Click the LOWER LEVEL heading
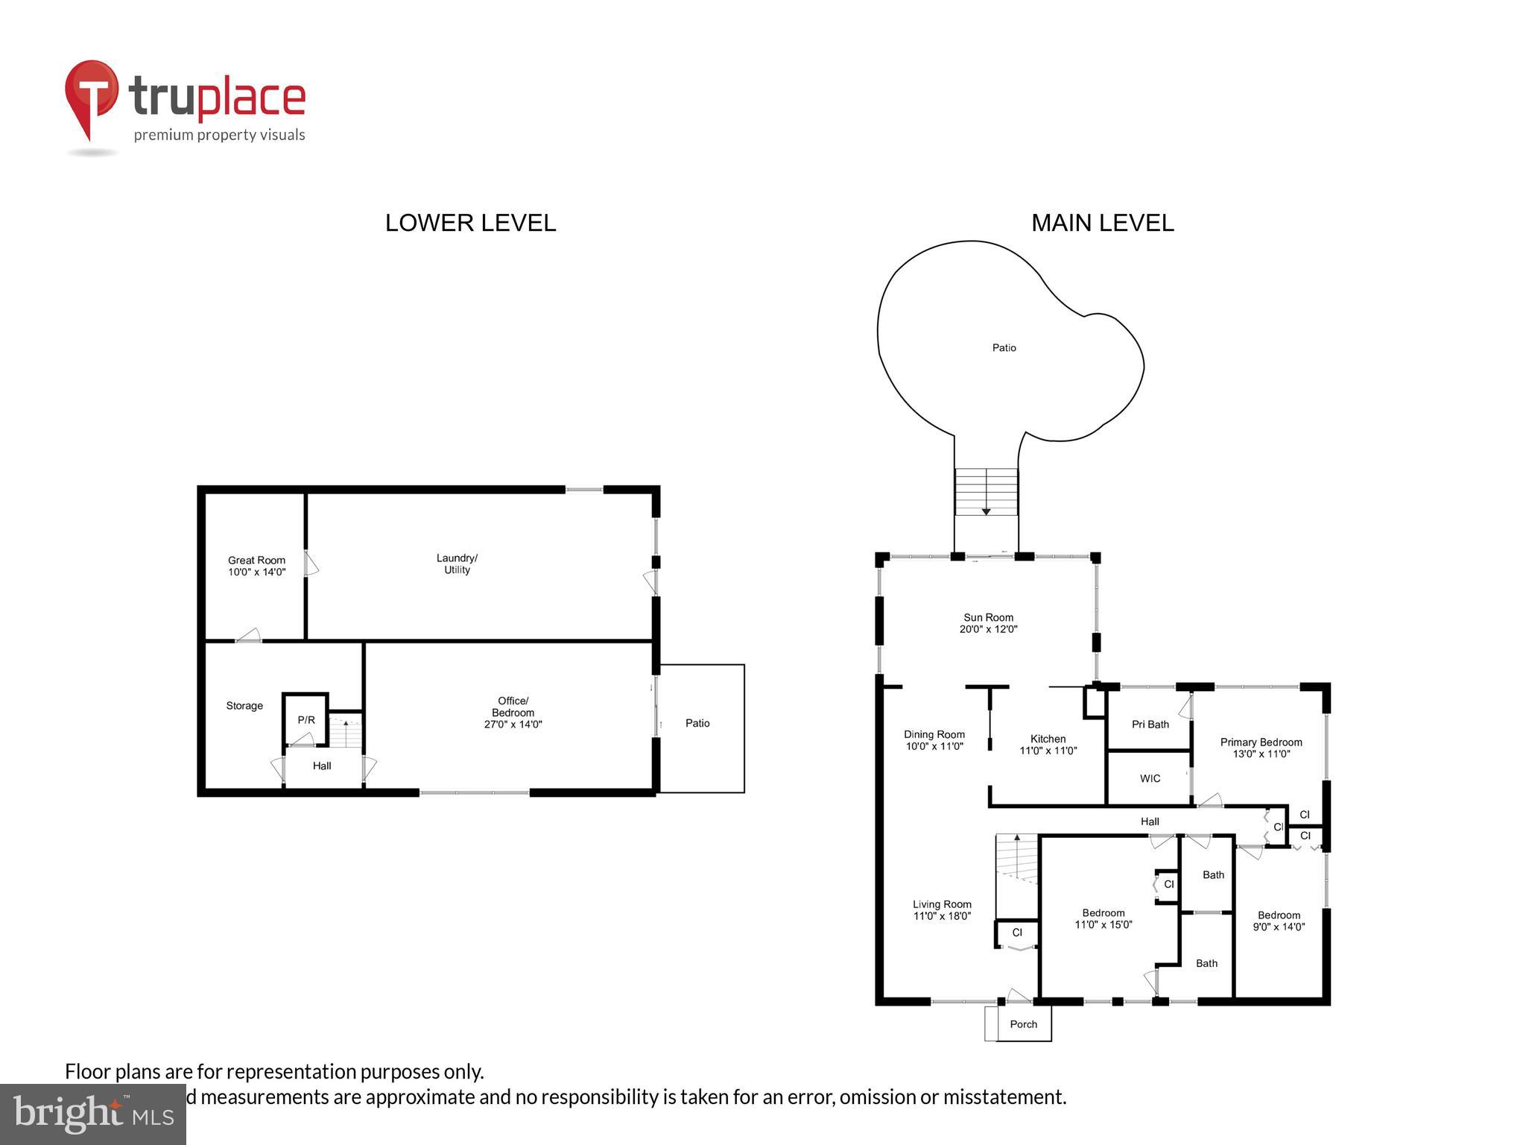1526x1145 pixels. coord(470,223)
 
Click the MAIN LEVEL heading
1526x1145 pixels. coord(1102,223)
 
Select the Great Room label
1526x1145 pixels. coord(256,561)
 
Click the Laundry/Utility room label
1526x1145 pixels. coord(457,564)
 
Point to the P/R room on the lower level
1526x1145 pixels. coord(306,720)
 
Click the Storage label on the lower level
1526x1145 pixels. coord(244,706)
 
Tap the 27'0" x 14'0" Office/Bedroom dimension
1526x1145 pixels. coord(513,725)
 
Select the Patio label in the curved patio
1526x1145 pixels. coord(1004,348)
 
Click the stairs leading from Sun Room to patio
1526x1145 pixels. coord(986,491)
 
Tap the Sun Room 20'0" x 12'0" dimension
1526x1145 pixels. coord(988,629)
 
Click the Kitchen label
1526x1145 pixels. coord(1048,739)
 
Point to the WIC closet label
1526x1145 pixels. coord(1150,779)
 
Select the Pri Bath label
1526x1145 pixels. coord(1150,725)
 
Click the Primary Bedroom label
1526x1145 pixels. coord(1261,742)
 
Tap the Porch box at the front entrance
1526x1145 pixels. coord(1023,1024)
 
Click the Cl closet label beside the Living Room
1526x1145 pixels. coord(1017,933)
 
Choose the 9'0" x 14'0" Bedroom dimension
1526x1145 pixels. coord(1279,927)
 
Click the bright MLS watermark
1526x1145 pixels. coord(93,1114)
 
